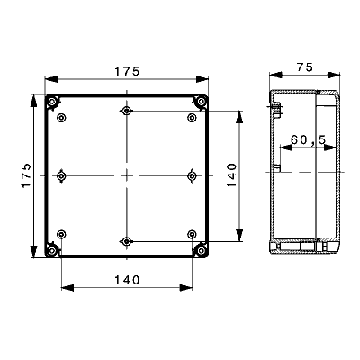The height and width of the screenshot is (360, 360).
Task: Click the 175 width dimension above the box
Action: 127,71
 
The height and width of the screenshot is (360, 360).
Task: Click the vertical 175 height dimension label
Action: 26,175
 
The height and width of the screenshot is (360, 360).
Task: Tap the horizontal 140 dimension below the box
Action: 127,280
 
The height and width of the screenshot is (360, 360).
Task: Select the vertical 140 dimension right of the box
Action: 231,175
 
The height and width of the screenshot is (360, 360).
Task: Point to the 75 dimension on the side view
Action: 304,67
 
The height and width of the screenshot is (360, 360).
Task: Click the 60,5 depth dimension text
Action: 309,139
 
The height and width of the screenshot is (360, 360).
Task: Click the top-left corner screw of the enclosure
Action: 53,103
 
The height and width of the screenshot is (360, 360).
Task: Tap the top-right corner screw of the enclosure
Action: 200,103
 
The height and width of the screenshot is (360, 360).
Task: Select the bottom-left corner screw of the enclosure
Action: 53,249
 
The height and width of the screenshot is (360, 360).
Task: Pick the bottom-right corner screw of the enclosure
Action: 200,249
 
